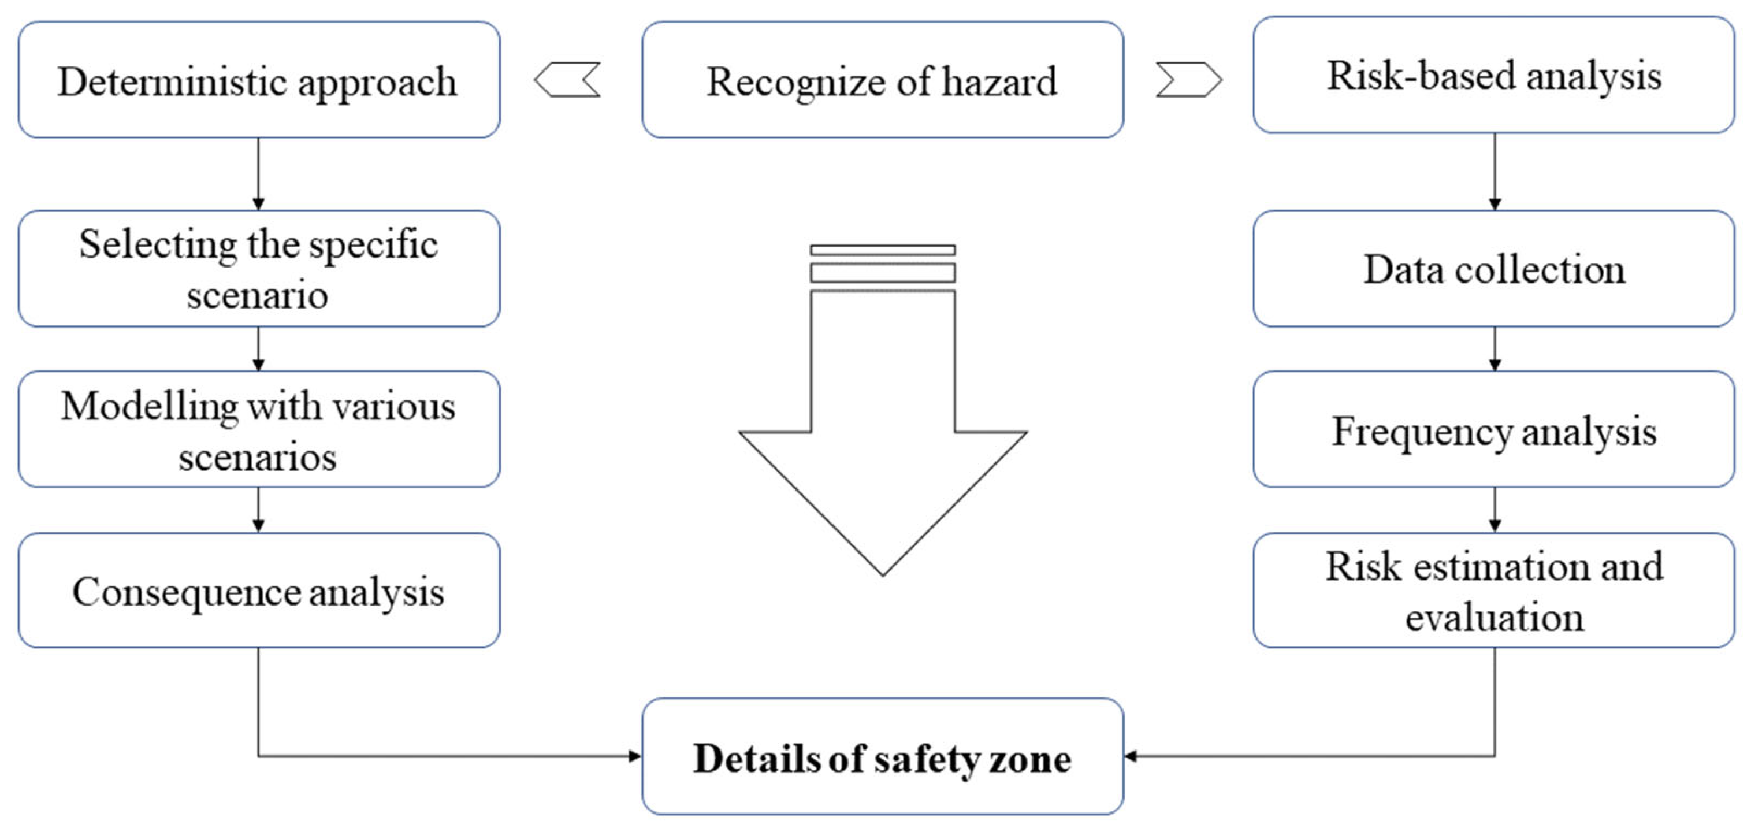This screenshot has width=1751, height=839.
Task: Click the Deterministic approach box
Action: pyautogui.click(x=259, y=80)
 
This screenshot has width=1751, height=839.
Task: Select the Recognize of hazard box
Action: pyautogui.click(x=882, y=80)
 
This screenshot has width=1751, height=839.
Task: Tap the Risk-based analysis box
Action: pyautogui.click(x=1493, y=76)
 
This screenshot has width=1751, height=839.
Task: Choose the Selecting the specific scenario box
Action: pyautogui.click(x=259, y=269)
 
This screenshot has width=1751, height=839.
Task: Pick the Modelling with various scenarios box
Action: pyautogui.click(x=259, y=430)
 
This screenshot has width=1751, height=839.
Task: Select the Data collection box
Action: pyautogui.click(x=1493, y=269)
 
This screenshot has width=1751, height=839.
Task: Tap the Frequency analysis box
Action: pyautogui.click(x=1493, y=430)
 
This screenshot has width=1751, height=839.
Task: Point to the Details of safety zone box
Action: pyautogui.click(x=882, y=757)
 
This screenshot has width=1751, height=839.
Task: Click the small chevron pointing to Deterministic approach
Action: pyautogui.click(x=567, y=80)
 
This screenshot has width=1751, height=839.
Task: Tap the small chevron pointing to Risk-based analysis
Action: pyautogui.click(x=1189, y=80)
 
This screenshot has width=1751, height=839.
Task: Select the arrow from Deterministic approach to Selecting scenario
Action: pyautogui.click(x=258, y=174)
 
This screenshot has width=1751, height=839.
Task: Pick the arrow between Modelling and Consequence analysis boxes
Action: pyautogui.click(x=258, y=510)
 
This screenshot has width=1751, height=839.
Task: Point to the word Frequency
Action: pyautogui.click(x=1421, y=431)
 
